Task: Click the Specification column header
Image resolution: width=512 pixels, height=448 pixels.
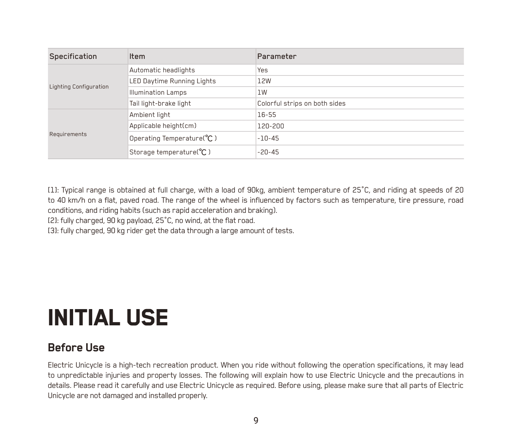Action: click(x=73, y=56)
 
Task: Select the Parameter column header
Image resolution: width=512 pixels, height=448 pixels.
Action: click(x=277, y=56)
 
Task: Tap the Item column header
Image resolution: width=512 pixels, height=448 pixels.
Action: click(x=137, y=56)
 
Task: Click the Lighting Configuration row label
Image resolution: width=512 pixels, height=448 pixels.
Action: click(x=79, y=87)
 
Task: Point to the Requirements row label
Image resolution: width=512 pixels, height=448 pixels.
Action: click(x=68, y=134)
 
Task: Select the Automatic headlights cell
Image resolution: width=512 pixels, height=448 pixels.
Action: click(x=162, y=70)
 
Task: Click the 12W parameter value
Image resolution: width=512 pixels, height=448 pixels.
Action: click(x=264, y=81)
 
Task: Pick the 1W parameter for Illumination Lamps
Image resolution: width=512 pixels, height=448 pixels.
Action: click(x=262, y=92)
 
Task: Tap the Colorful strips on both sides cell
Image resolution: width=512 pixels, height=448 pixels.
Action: click(x=301, y=103)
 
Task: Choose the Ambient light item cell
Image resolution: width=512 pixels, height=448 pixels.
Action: click(x=150, y=115)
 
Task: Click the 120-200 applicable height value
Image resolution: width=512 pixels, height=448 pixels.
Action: click(x=270, y=126)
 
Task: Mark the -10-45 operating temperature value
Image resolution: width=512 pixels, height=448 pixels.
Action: click(x=268, y=138)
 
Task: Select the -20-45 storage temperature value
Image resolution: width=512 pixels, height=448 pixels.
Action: click(x=268, y=152)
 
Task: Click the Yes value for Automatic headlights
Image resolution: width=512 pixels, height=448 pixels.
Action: click(x=262, y=70)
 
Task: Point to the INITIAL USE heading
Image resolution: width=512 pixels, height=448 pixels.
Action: click(x=108, y=318)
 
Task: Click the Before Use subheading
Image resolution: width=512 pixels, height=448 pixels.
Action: click(x=76, y=348)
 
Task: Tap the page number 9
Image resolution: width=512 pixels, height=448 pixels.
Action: click(x=256, y=420)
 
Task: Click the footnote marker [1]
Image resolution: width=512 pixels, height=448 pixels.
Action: click(x=53, y=190)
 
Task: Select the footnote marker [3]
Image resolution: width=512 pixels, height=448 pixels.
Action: click(x=53, y=231)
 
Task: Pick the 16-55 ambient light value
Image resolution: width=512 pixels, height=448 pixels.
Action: click(x=266, y=115)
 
